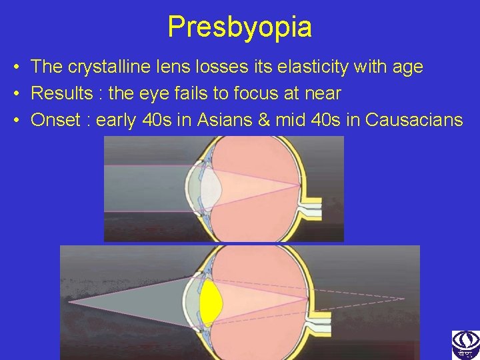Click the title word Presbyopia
[x=239, y=27]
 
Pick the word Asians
[x=221, y=120]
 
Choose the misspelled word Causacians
[x=414, y=120]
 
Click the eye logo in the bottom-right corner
[x=465, y=345]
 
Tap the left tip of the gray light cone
[x=72, y=302]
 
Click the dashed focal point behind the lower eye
[x=403, y=298]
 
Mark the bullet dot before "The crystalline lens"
[x=14, y=67]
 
